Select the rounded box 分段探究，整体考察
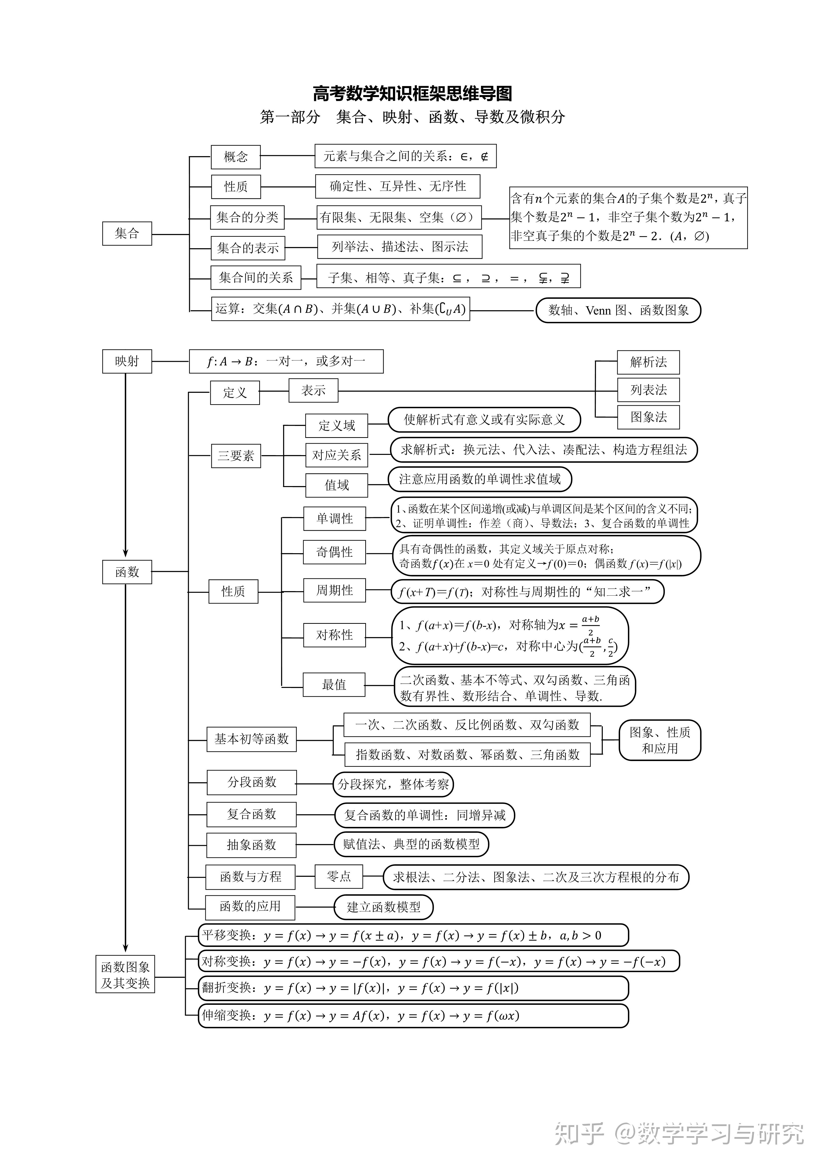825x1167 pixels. pyautogui.click(x=393, y=784)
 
